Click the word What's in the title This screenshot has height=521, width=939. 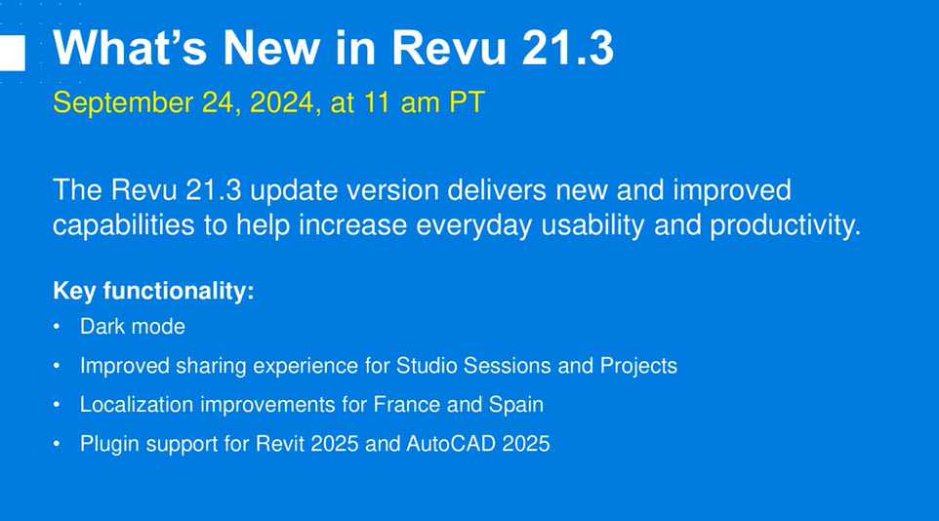click(130, 47)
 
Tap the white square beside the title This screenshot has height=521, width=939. click(12, 53)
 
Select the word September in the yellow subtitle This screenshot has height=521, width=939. click(123, 103)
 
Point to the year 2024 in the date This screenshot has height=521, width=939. click(281, 101)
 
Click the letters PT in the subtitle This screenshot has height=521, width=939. click(467, 101)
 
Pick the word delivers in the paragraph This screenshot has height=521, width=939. click(497, 190)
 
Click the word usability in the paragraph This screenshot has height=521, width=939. click(592, 225)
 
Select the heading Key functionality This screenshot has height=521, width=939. click(153, 291)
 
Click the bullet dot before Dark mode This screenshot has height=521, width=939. click(57, 327)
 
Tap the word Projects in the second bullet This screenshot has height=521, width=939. click(638, 366)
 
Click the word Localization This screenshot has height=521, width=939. click(137, 404)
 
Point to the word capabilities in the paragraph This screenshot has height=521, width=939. click(124, 225)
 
